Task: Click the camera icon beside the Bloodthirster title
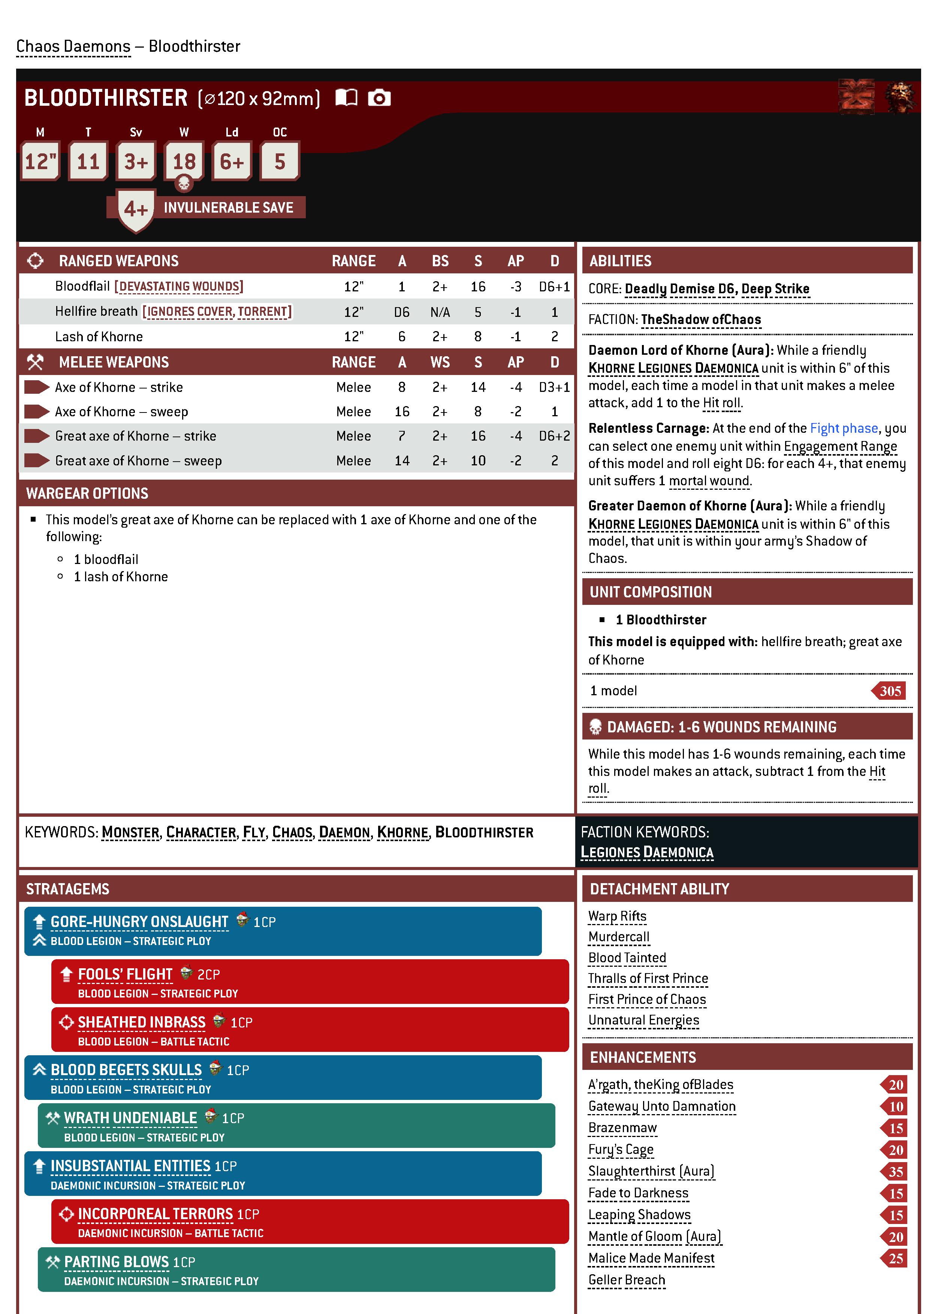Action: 379,98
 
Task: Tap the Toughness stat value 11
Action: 88,162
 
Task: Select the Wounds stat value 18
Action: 184,162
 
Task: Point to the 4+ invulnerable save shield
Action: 136,209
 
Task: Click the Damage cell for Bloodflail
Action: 554,287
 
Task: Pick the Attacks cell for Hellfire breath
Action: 402,312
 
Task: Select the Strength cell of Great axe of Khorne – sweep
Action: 478,461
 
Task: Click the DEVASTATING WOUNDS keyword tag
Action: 179,287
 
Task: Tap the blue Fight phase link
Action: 843,428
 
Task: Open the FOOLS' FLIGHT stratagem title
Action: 125,974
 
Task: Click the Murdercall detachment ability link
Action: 618,937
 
